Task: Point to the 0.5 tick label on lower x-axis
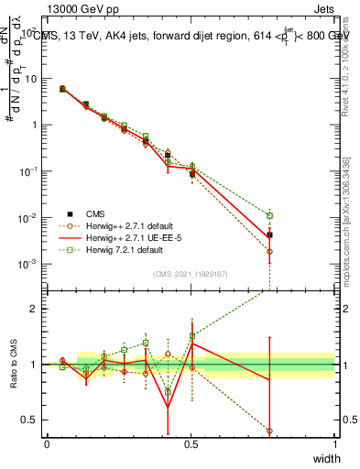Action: click(x=191, y=443)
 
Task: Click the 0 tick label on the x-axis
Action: click(x=48, y=443)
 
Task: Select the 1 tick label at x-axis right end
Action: click(x=335, y=443)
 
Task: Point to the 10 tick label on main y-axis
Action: click(x=31, y=79)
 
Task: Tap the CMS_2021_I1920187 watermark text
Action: click(x=191, y=273)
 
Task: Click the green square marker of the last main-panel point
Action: click(x=269, y=216)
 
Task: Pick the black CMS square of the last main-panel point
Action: click(x=269, y=235)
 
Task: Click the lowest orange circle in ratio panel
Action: click(x=269, y=431)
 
